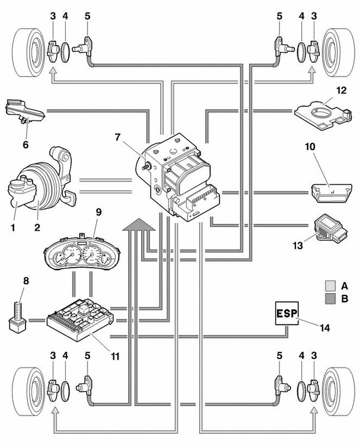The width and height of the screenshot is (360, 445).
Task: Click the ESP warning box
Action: click(286, 313)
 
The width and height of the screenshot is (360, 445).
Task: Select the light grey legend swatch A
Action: click(330, 286)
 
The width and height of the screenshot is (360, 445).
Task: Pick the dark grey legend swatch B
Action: click(330, 298)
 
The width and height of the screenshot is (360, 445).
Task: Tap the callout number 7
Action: click(118, 138)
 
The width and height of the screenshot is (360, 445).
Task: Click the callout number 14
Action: click(325, 328)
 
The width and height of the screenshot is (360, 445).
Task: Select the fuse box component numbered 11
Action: click(81, 318)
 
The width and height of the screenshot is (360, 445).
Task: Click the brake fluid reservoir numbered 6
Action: click(25, 112)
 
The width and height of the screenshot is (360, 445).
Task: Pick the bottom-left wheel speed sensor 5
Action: click(86, 387)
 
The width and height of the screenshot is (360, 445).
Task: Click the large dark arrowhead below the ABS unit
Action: click(139, 224)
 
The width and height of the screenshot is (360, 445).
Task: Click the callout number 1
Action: click(12, 227)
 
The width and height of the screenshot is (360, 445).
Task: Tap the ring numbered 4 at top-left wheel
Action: click(65, 52)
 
